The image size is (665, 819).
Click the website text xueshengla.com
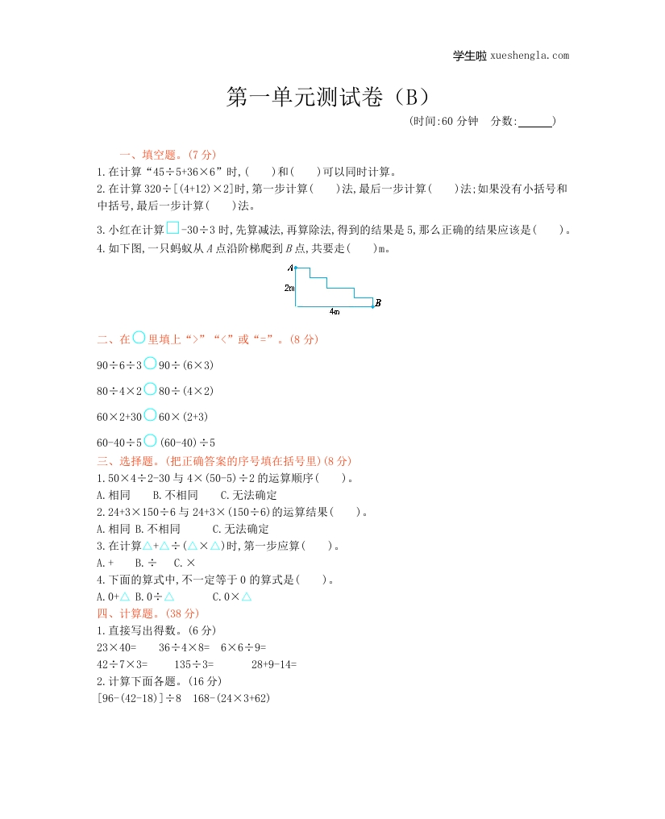tap(529, 56)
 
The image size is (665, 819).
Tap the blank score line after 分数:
tap(535, 123)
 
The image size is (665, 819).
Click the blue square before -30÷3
tap(172, 228)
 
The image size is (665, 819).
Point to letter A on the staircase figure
tap(290, 267)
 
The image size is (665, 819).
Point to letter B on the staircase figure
tap(378, 303)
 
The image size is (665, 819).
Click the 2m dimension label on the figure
tap(289, 287)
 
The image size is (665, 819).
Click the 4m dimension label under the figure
tap(335, 310)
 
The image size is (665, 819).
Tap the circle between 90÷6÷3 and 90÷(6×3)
tap(150, 364)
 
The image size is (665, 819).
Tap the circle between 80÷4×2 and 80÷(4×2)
tap(150, 389)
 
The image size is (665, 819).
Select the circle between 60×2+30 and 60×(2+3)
tap(150, 415)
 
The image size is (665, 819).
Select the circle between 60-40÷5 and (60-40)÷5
tap(150, 441)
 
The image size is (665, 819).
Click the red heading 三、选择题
tap(129, 461)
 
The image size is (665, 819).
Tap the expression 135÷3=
tap(194, 664)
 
